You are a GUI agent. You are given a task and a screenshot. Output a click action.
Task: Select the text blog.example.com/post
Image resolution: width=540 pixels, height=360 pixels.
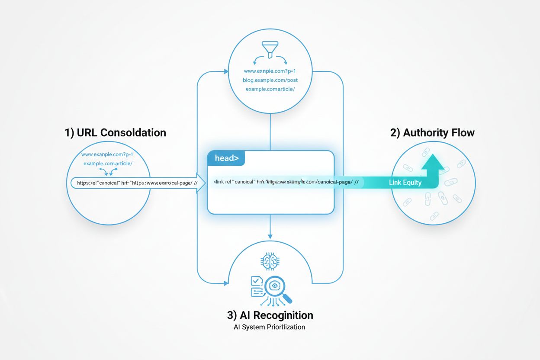coord(270,80)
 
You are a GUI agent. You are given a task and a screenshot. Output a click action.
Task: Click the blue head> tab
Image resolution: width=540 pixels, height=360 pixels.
coord(226,158)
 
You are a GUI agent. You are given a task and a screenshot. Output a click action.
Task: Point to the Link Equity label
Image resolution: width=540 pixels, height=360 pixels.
coord(405,182)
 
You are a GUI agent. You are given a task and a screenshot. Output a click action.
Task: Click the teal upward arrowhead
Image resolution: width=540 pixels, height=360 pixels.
coord(432,164)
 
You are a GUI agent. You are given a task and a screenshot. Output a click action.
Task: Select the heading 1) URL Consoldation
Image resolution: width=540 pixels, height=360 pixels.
coord(116,132)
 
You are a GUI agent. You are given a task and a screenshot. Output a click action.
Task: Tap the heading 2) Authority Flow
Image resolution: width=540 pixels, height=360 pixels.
coord(432,132)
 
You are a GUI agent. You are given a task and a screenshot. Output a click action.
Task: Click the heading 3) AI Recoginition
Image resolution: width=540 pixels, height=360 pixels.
coord(270,315)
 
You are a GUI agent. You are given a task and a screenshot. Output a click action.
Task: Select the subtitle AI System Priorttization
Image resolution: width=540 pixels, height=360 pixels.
coord(270,327)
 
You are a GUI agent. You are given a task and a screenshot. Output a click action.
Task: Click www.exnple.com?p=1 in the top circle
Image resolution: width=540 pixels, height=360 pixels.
coord(270,71)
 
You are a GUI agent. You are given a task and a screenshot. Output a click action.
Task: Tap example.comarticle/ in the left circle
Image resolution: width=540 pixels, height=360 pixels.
coord(108,163)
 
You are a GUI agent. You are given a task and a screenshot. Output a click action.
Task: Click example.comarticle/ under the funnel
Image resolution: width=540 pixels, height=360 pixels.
coord(270,89)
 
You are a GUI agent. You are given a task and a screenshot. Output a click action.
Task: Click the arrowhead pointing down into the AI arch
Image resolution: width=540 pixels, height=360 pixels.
coord(270,236)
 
